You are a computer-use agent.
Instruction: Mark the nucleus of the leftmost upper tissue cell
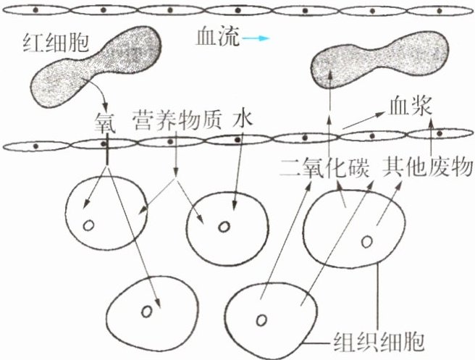coord(88,225)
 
